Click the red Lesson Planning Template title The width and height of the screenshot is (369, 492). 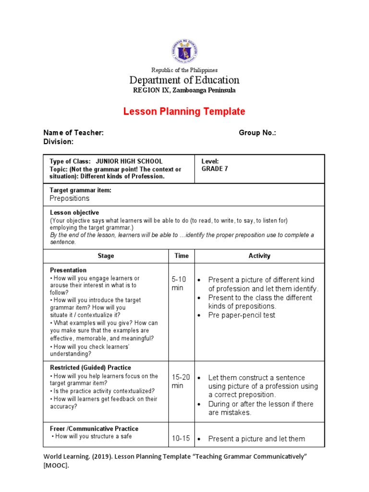(184, 111)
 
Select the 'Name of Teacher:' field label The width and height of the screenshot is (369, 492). (74, 133)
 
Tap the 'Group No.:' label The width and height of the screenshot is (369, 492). (257, 133)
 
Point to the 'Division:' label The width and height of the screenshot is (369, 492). (59, 142)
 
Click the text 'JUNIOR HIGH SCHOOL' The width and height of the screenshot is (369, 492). (129, 161)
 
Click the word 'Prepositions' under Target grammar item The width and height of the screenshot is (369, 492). (70, 198)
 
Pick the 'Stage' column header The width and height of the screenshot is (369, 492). (106, 256)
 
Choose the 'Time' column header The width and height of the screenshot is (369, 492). (182, 256)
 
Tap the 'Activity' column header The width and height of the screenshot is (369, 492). (259, 256)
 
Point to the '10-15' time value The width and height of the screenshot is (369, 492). (181, 438)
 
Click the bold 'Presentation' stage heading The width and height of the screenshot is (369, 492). (68, 271)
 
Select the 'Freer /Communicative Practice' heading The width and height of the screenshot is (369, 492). (94, 429)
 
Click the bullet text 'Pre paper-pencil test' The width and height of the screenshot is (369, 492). (242, 315)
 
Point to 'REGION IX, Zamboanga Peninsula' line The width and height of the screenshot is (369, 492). (184, 90)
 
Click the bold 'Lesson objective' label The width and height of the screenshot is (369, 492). (74, 213)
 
